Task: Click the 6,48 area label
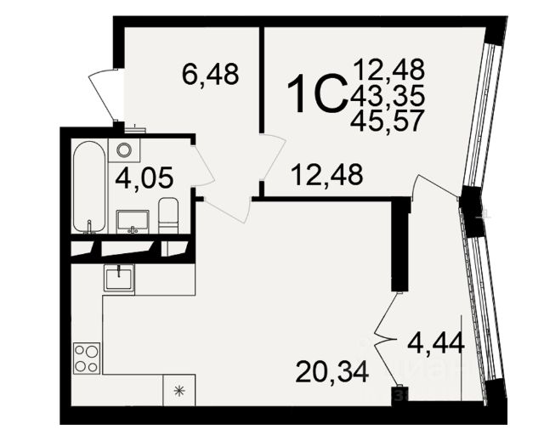[x=211, y=74]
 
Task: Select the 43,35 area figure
[x=388, y=95]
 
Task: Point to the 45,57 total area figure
[x=388, y=121]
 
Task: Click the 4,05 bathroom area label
[x=144, y=178]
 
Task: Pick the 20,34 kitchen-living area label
[x=331, y=372]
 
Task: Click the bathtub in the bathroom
[x=89, y=187]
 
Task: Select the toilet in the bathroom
[x=168, y=216]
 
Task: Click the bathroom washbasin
[x=133, y=221]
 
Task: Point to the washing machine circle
[x=124, y=150]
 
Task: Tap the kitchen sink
[x=119, y=277]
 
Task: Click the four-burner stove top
[x=87, y=358]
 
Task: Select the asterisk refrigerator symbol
[x=179, y=391]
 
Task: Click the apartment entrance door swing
[x=102, y=94]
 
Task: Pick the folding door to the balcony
[x=386, y=341]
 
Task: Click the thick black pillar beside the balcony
[x=400, y=245]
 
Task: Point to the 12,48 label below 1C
[x=327, y=174]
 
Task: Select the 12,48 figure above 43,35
[x=389, y=70]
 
